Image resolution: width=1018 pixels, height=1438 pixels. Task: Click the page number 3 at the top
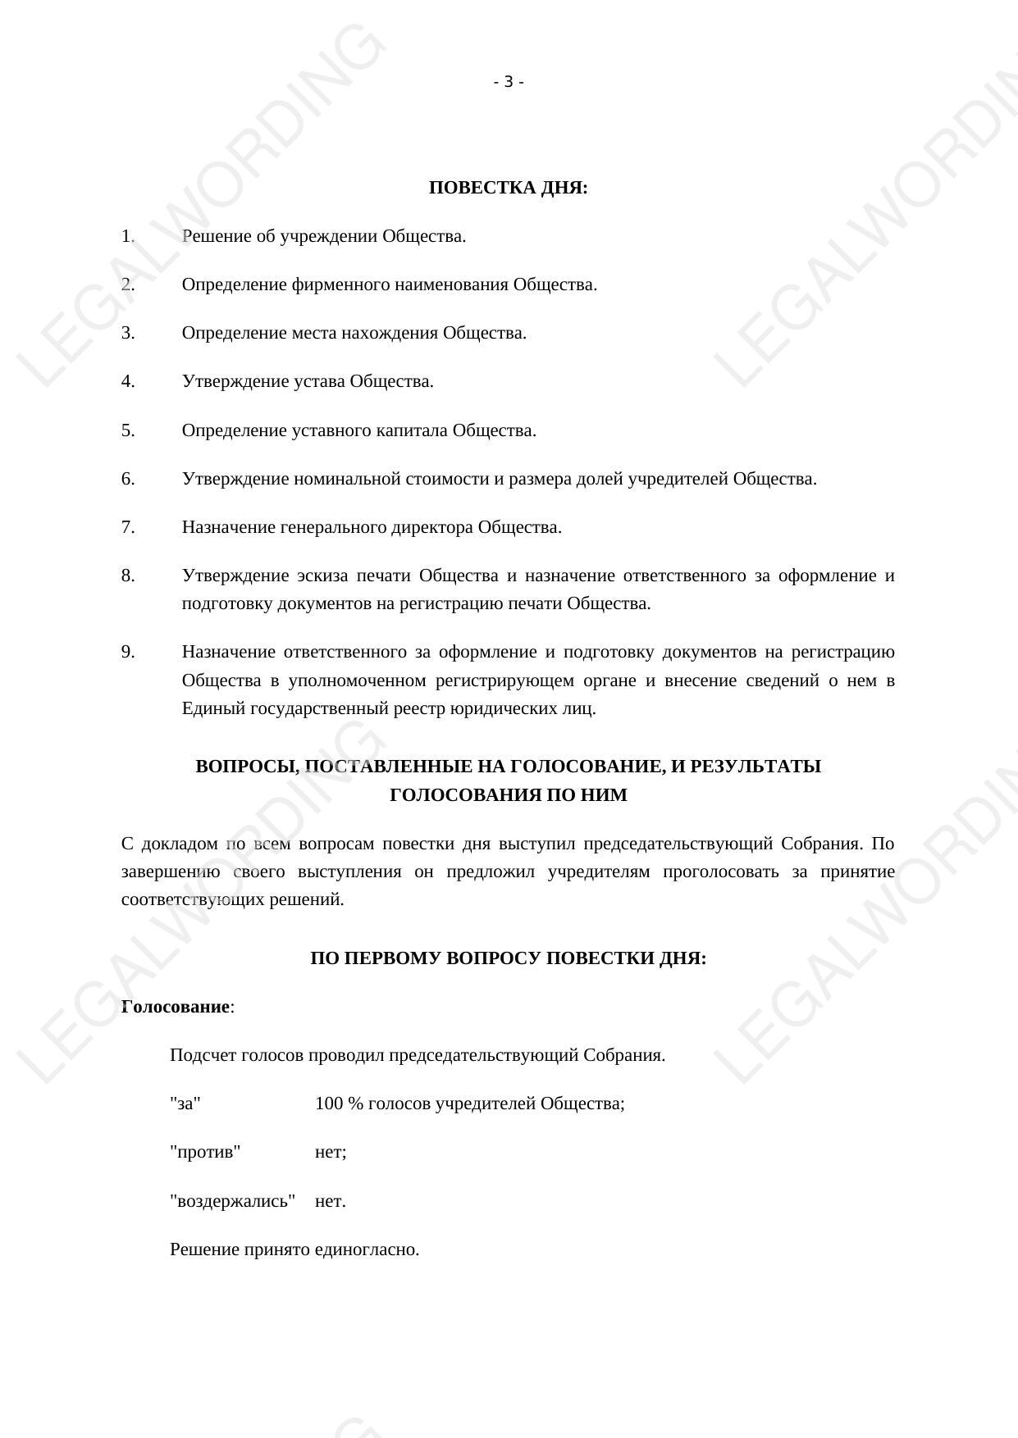point(509,82)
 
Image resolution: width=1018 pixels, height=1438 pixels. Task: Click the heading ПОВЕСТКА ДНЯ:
point(508,188)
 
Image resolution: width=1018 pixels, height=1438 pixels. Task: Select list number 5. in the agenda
point(128,430)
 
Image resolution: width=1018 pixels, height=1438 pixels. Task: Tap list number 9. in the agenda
point(128,652)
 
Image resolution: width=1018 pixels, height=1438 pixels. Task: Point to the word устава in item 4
point(320,381)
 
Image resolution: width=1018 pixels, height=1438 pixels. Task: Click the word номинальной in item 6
point(347,479)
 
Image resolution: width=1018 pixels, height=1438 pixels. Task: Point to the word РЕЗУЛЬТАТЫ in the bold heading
point(756,767)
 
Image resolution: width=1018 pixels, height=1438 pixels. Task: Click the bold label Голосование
point(176,1007)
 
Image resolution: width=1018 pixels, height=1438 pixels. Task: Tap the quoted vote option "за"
point(185,1104)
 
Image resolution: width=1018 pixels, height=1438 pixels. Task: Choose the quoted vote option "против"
point(205,1152)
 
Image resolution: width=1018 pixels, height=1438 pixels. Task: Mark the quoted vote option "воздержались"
point(232,1201)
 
